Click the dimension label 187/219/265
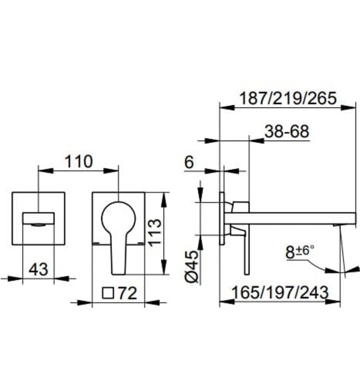(287, 98)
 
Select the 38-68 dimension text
(286, 133)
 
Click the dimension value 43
(38, 269)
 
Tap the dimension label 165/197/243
(280, 292)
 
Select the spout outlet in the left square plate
(38, 219)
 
